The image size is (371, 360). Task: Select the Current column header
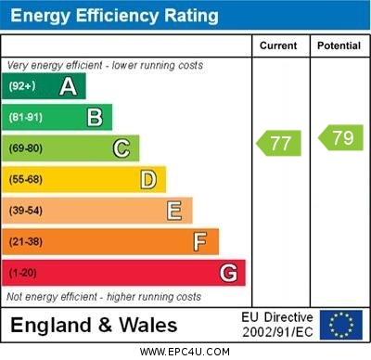[278, 45]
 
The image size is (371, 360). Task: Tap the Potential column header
[339, 45]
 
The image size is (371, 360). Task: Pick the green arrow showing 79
[340, 138]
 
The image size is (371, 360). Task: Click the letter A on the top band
[68, 87]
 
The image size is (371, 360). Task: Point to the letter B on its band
[95, 117]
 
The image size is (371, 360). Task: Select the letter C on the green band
[122, 148]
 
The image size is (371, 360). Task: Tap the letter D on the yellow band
[148, 179]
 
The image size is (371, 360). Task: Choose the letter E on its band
[174, 211]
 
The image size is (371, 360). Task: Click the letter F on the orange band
[200, 242]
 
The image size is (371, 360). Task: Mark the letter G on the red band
[228, 274]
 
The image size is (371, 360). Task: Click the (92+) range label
[22, 87]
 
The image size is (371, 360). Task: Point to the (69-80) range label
[26, 148]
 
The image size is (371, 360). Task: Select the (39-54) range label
[26, 211]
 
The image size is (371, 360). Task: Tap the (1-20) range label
[23, 274]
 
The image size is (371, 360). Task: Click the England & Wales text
[94, 325]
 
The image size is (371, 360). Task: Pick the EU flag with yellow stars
[340, 325]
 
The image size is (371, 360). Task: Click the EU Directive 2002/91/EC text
[277, 325]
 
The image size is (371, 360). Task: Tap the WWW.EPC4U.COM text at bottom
[185, 352]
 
